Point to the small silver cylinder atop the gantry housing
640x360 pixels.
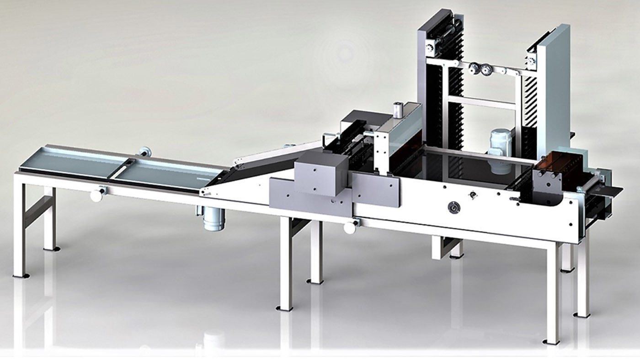(x=397, y=110)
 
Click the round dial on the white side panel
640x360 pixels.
(x=453, y=207)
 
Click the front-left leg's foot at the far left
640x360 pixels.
(x=21, y=275)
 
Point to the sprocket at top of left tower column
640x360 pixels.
(x=430, y=48)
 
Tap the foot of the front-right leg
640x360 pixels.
(x=551, y=341)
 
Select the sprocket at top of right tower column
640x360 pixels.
(x=532, y=60)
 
